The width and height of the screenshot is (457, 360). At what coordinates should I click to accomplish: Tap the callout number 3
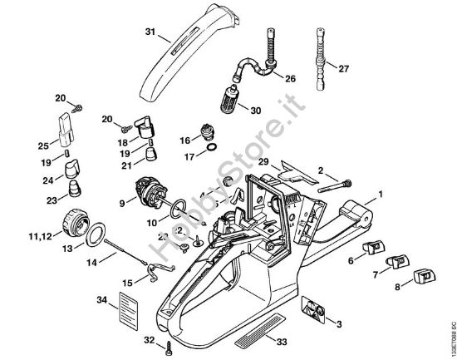coord(337,322)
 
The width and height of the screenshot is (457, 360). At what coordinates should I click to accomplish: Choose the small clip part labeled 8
coord(428,275)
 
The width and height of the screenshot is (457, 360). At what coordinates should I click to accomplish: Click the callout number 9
coord(122,201)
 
